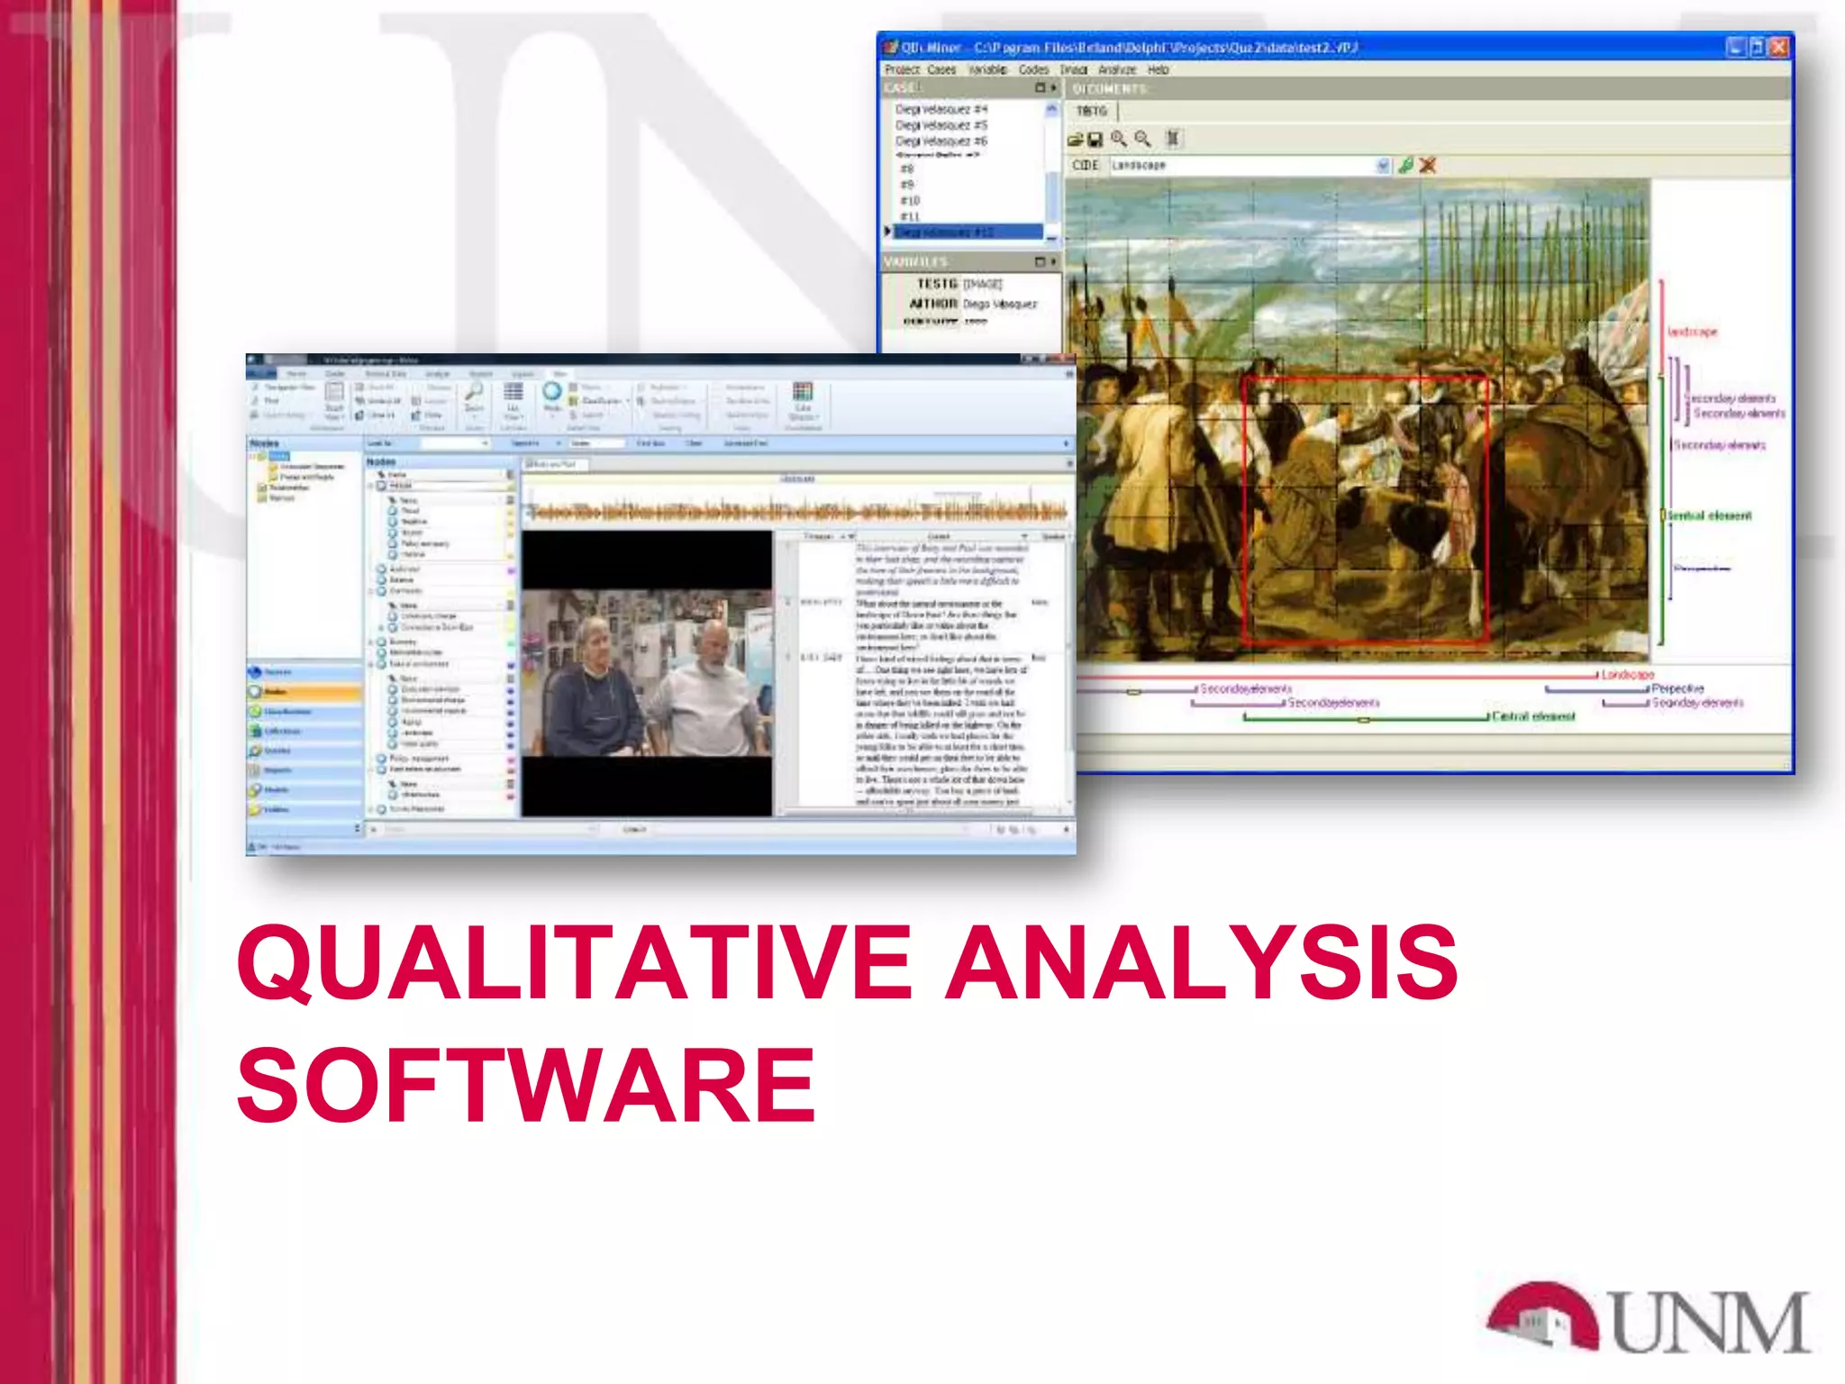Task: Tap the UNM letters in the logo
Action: pyautogui.click(x=1710, y=1322)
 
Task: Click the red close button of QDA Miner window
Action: pyautogui.click(x=1778, y=47)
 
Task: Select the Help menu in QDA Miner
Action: pyautogui.click(x=1158, y=69)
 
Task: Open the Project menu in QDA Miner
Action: pyautogui.click(x=902, y=69)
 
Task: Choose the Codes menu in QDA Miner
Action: pyautogui.click(x=1033, y=69)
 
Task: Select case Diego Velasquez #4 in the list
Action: pyautogui.click(x=941, y=109)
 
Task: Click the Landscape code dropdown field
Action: pyautogui.click(x=1243, y=166)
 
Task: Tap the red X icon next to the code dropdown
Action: pyautogui.click(x=1428, y=166)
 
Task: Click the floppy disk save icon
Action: pyautogui.click(x=1095, y=140)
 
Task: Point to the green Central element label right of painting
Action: pyautogui.click(x=1709, y=515)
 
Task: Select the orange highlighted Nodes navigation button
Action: pyautogui.click(x=304, y=692)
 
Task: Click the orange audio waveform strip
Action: pyautogui.click(x=797, y=512)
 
